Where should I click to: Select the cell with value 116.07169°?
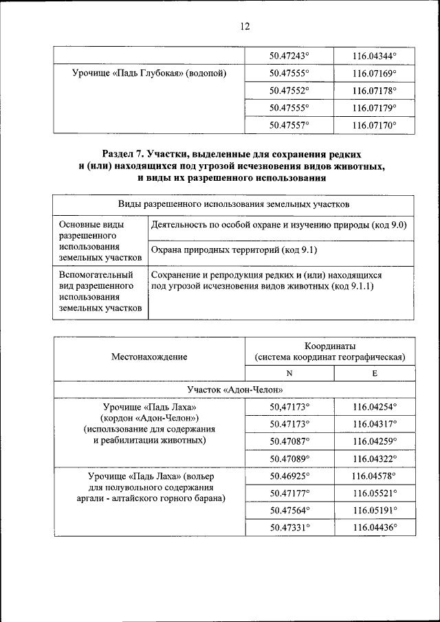click(374, 73)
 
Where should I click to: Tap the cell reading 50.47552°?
click(289, 90)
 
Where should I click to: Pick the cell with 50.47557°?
click(289, 125)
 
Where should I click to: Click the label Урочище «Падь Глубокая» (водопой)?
click(149, 73)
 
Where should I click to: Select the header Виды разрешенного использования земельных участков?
click(234, 205)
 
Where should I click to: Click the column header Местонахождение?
click(149, 357)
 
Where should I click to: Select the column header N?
click(289, 373)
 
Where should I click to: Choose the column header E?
click(374, 373)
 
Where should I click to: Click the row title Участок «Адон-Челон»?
click(234, 390)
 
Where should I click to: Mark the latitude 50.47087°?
click(289, 441)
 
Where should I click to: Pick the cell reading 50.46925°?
click(289, 476)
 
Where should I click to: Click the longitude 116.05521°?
click(374, 493)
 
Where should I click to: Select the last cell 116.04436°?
click(374, 527)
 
